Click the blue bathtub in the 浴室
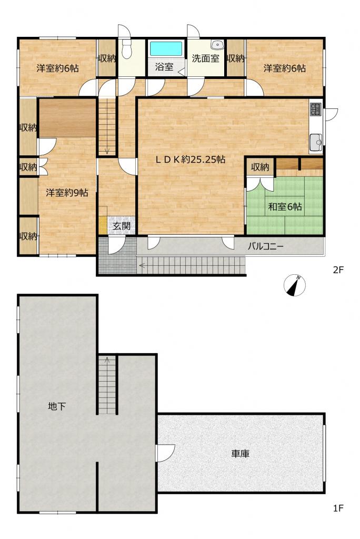tap(166, 49)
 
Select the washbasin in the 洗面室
tap(217, 45)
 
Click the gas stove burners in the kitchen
tap(316, 109)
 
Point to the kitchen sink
tap(316, 141)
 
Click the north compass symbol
tap(295, 285)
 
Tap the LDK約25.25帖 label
tap(191, 159)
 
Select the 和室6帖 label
tap(285, 206)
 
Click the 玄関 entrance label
tap(122, 226)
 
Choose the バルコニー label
tap(266, 246)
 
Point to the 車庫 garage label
tap(240, 454)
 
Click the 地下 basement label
tap(57, 406)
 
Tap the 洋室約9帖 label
tap(67, 193)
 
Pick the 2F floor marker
tap(338, 270)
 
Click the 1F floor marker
tap(338, 508)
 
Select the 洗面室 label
tap(206, 58)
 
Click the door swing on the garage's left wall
tap(166, 451)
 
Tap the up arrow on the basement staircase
tap(107, 360)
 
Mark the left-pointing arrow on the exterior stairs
tap(142, 265)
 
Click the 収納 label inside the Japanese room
tap(260, 167)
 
